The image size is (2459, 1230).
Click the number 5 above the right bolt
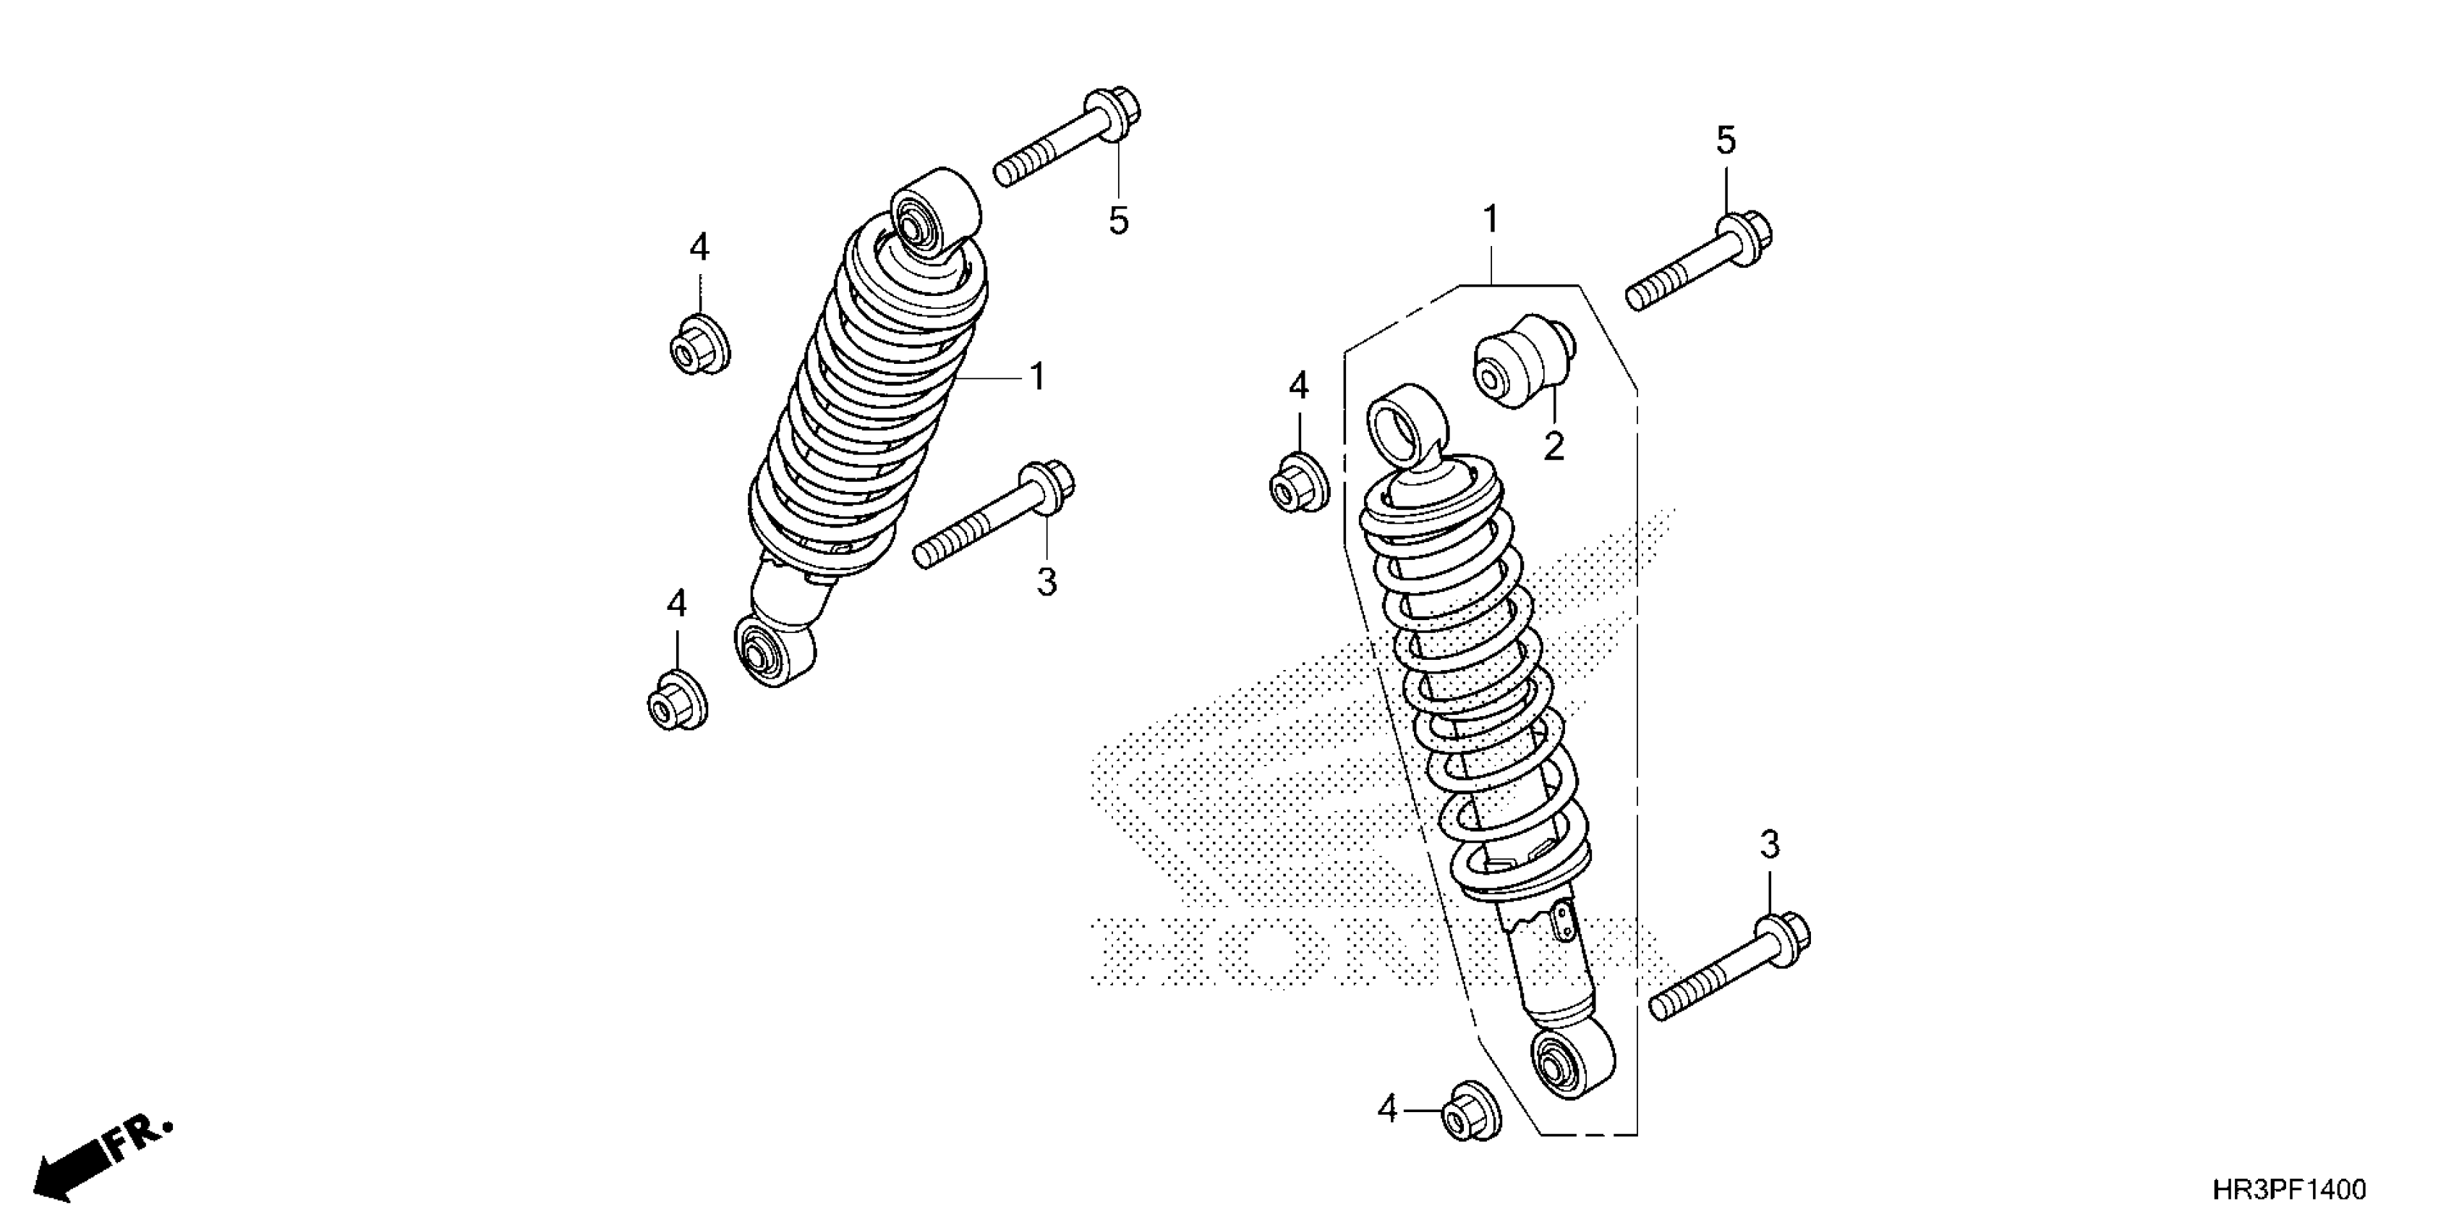click(1726, 140)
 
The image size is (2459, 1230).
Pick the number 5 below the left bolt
click(1119, 221)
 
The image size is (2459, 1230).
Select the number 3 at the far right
click(1770, 844)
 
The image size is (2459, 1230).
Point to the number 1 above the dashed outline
click(1490, 221)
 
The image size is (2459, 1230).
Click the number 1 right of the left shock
click(1038, 377)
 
